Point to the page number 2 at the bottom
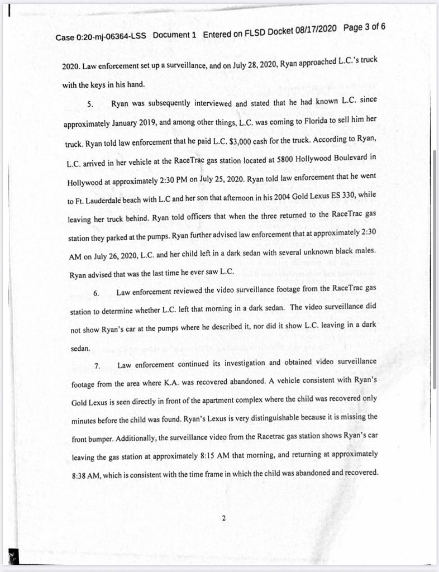pyautogui.click(x=223, y=518)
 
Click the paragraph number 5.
pyautogui.click(x=90, y=104)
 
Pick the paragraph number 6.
pyautogui.click(x=96, y=293)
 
